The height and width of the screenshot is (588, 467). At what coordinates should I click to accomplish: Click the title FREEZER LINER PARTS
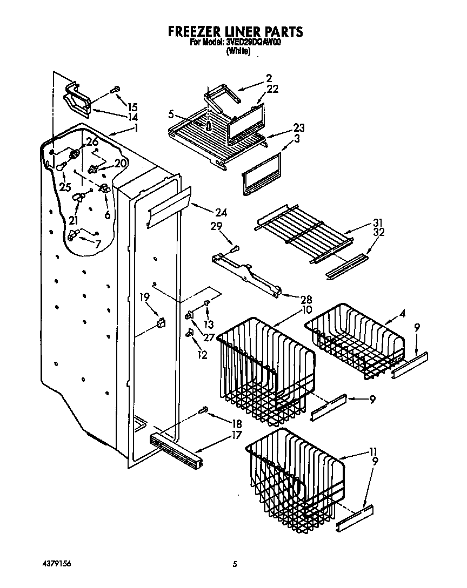pos(235,31)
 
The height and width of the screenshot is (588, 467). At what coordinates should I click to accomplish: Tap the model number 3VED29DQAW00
pos(253,43)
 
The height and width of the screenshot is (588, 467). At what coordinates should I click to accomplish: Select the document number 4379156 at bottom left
pos(56,564)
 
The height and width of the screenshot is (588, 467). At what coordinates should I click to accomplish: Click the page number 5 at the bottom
pos(235,564)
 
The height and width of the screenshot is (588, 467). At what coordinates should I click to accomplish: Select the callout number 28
pos(292,299)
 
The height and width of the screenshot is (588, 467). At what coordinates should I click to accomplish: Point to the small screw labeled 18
pos(205,410)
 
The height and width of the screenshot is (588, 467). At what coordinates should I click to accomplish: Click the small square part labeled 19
pos(160,323)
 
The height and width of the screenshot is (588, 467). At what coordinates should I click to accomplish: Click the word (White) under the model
pos(238,51)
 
